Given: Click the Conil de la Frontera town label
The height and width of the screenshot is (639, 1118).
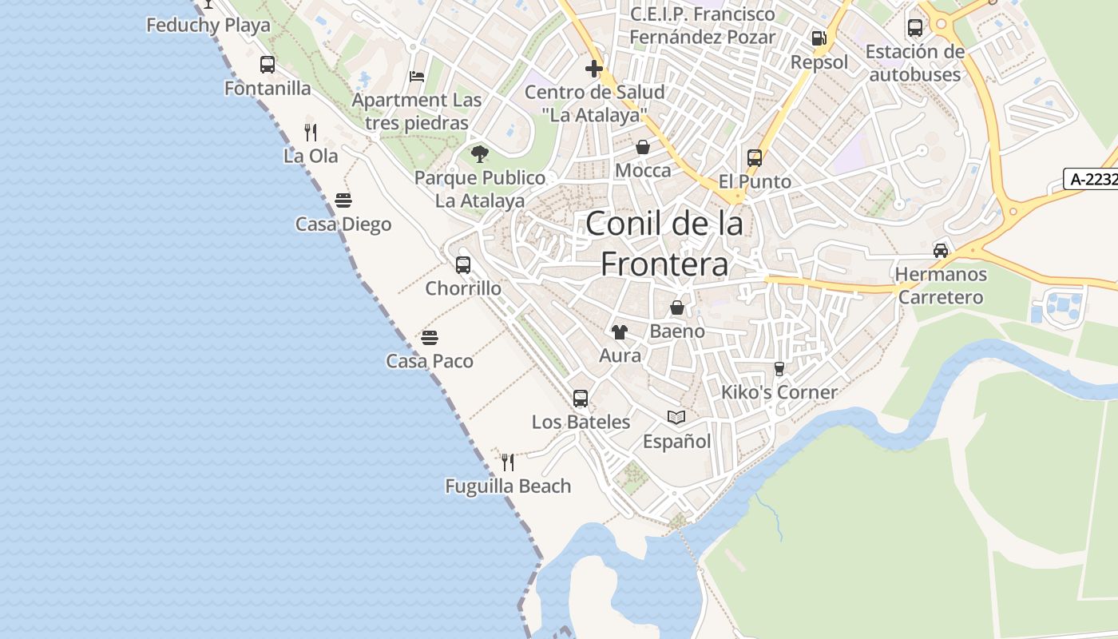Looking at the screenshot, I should click(664, 244).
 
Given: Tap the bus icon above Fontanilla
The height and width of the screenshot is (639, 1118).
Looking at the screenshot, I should click(268, 65).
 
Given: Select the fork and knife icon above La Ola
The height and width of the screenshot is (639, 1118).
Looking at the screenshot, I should click(311, 133).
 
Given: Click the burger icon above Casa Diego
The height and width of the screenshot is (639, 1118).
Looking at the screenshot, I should click(343, 200).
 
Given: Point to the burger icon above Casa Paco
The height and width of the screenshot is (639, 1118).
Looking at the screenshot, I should click(430, 338).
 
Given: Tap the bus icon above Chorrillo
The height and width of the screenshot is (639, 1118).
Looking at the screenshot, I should click(463, 265).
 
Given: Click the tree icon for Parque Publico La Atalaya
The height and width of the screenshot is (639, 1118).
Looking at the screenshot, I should click(479, 153).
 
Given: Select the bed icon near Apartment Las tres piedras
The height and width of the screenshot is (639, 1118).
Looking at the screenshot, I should click(417, 77).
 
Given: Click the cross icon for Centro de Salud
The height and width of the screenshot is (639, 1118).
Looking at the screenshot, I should click(594, 69).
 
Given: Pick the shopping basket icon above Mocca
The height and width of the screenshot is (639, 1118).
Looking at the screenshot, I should click(643, 148).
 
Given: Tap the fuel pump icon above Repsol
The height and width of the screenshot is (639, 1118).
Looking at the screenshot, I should click(819, 38).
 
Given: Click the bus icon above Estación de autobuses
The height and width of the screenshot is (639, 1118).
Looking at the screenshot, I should click(915, 28).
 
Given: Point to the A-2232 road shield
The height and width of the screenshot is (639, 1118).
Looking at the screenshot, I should click(1091, 180).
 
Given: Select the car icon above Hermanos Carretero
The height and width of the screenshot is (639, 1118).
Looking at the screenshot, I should click(941, 251).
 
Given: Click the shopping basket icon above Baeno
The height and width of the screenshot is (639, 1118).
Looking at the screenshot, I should click(677, 308).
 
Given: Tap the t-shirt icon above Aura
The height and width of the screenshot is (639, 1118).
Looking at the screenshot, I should click(620, 331).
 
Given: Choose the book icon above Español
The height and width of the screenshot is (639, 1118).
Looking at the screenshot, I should click(676, 417).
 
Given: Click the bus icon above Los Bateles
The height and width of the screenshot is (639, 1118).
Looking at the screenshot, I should click(581, 398).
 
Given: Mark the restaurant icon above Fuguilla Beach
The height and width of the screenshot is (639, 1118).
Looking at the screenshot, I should click(507, 462).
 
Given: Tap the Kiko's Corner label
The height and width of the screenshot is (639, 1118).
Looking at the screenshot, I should click(779, 392).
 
